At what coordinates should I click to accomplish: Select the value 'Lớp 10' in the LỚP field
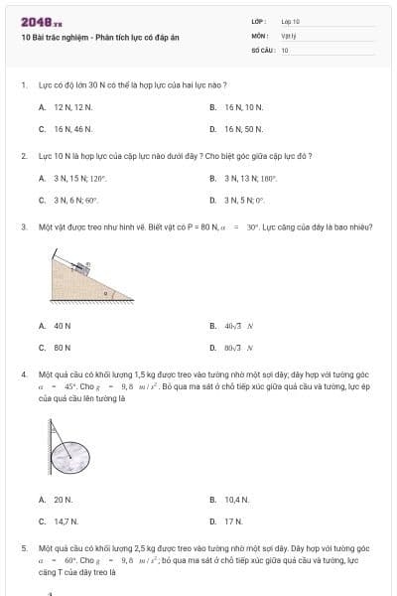[291, 21]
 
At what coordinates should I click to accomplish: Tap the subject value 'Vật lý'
[289, 35]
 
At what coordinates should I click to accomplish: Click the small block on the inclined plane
[85, 265]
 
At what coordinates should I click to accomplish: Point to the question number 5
[23, 547]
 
